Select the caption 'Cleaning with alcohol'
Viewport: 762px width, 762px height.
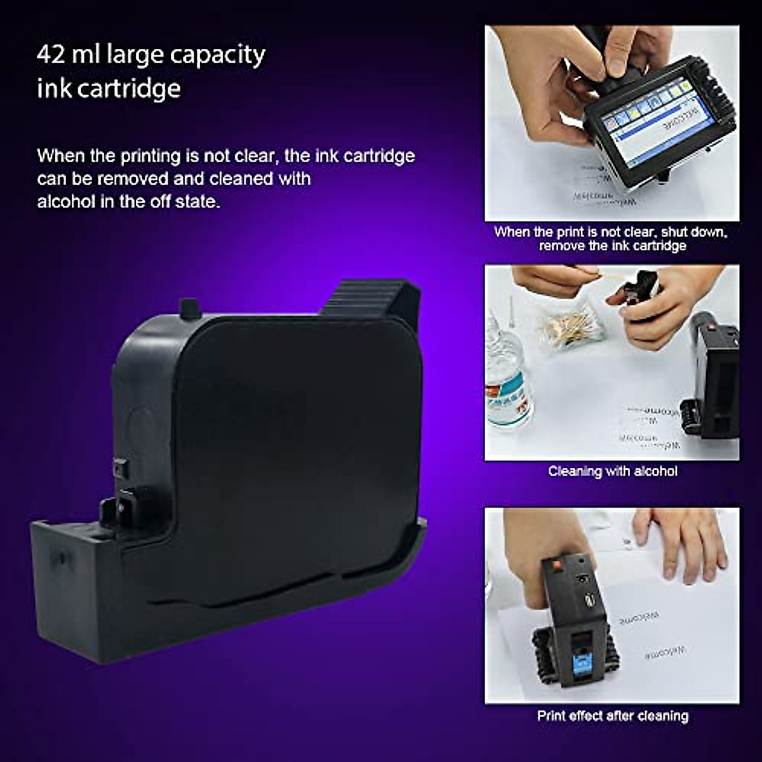(x=612, y=471)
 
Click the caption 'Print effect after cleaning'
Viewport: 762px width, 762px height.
(x=612, y=716)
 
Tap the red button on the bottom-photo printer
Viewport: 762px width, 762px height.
(x=556, y=565)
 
